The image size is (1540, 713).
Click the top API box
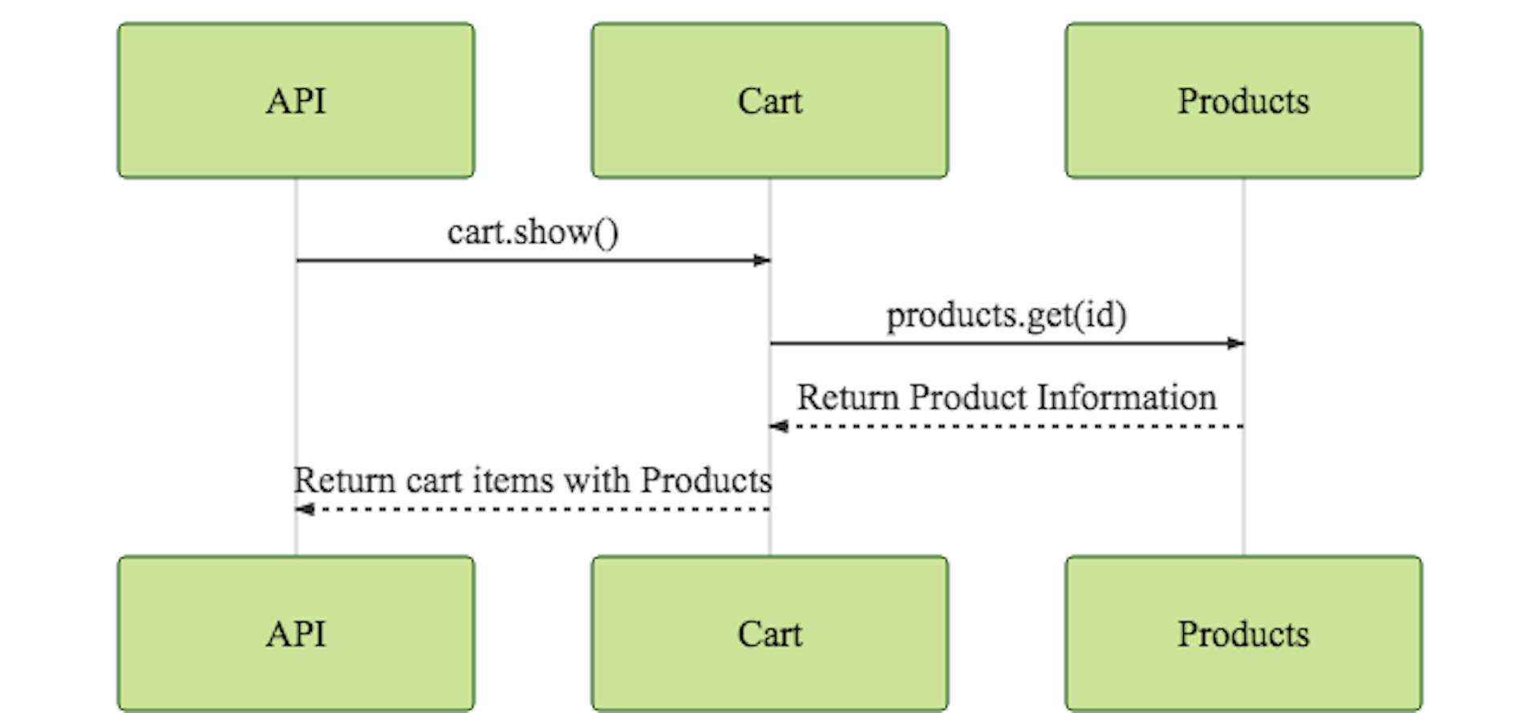click(296, 100)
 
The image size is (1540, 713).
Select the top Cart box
click(769, 100)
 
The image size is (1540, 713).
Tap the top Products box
click(1243, 100)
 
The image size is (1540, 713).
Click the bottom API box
click(296, 634)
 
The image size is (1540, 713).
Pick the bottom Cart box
click(769, 634)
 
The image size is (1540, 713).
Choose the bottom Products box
click(1243, 634)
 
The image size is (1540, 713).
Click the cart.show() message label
click(533, 233)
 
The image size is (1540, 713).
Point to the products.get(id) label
click(1006, 315)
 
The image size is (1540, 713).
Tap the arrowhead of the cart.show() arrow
click(762, 261)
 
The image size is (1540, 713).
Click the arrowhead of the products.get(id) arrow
click(1236, 343)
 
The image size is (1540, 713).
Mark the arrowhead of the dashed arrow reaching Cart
click(778, 426)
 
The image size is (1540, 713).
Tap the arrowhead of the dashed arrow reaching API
click(304, 509)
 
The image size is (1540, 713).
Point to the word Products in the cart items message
click(706, 480)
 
